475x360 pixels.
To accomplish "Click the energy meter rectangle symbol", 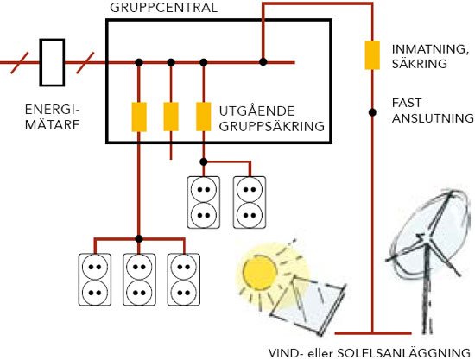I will click(x=54, y=61).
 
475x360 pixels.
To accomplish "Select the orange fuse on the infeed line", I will click(x=372, y=54).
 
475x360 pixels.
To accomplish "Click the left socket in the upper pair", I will click(x=204, y=201).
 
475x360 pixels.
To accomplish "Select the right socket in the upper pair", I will click(x=250, y=201).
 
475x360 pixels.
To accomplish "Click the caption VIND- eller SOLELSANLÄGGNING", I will click(x=368, y=350).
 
